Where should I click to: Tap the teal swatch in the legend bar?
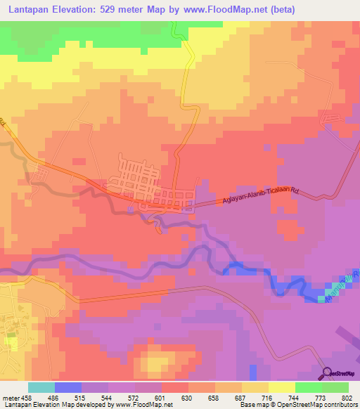click(x=41, y=387)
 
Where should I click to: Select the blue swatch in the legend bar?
click(x=67, y=387)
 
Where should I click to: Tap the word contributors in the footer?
click(x=342, y=405)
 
